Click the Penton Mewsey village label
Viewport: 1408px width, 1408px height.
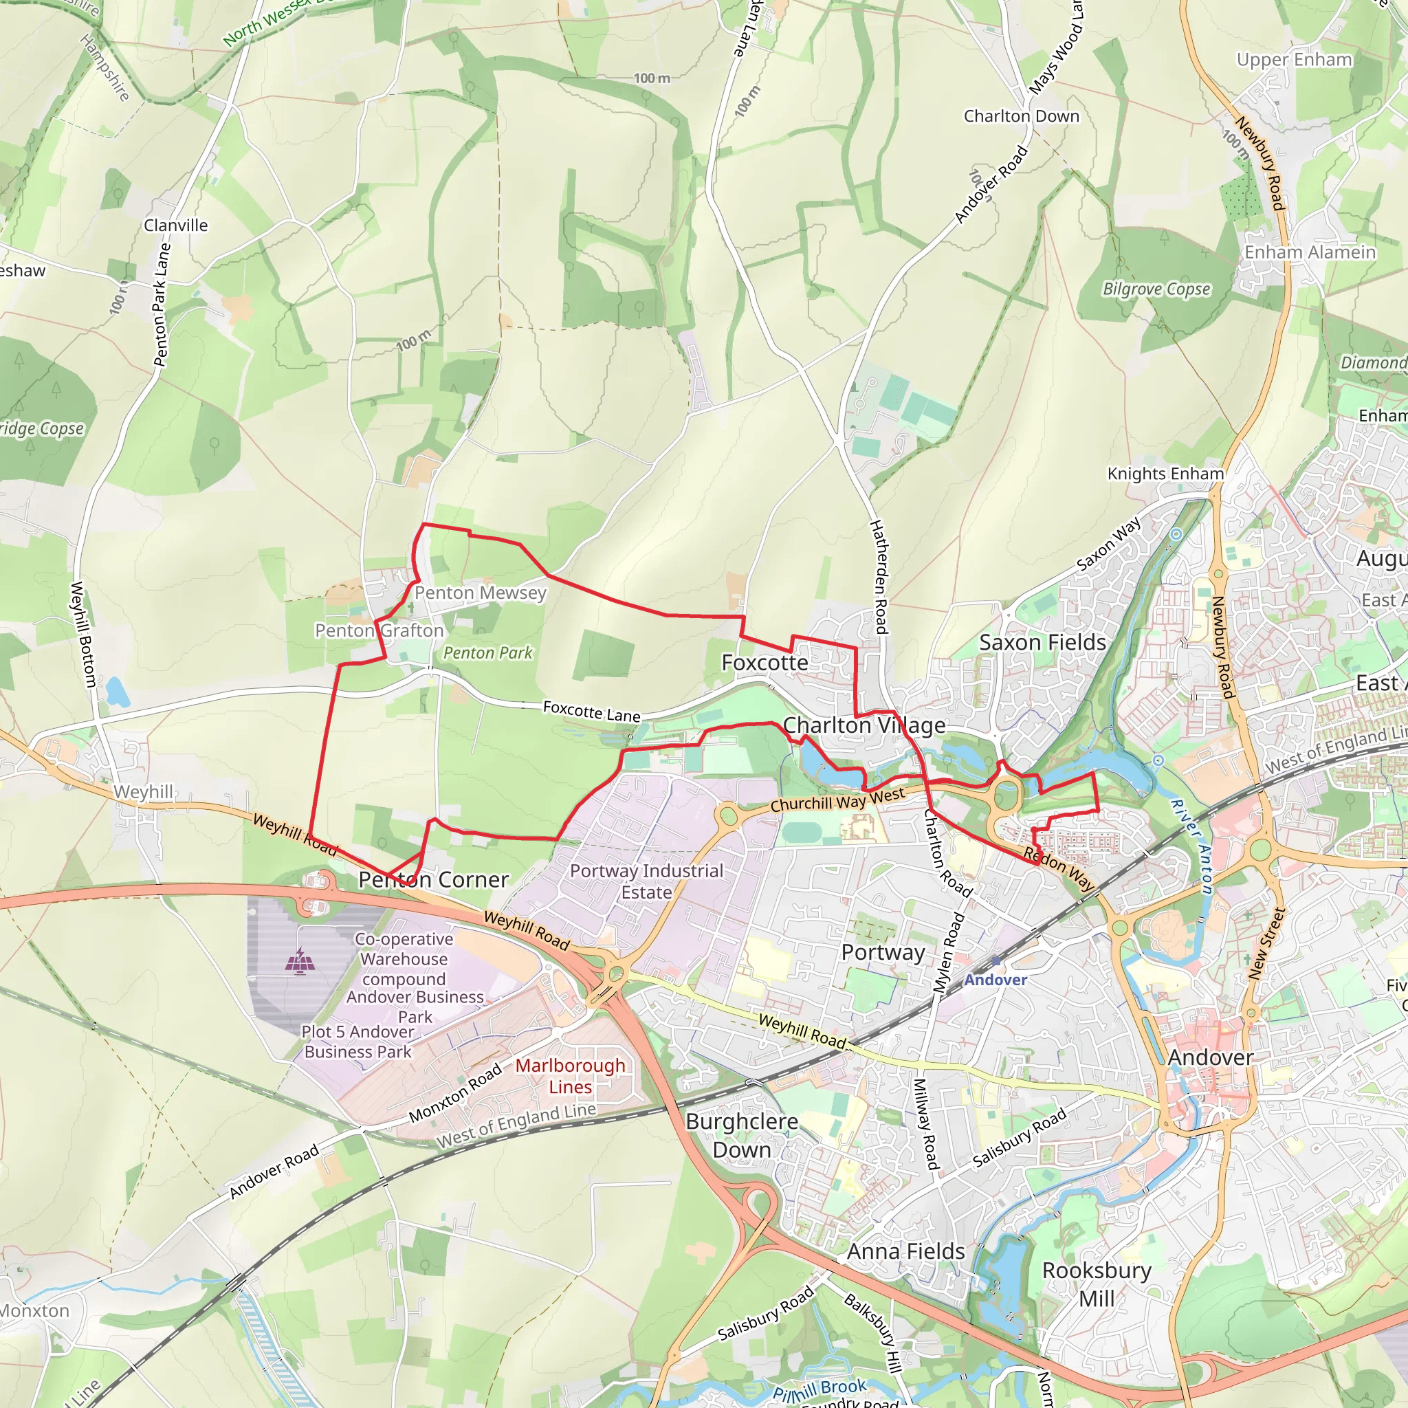click(481, 593)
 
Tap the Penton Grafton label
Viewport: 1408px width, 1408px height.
click(379, 630)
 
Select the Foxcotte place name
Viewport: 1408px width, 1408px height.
click(764, 663)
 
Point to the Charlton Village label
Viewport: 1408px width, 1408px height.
click(863, 725)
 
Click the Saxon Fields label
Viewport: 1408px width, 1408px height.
click(1042, 643)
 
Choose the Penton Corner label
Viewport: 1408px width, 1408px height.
click(434, 879)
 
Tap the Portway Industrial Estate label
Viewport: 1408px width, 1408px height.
click(646, 881)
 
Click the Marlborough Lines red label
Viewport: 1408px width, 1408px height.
click(571, 1076)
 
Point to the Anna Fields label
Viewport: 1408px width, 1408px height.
click(906, 1251)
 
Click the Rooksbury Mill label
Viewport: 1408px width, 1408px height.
click(1097, 1284)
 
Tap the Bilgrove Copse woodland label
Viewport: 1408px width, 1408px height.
click(1156, 289)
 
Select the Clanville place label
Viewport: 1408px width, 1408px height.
click(175, 225)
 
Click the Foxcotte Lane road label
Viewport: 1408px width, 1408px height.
click(592, 712)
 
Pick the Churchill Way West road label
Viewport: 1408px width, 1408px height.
click(837, 800)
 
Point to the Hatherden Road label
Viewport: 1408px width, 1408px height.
click(879, 576)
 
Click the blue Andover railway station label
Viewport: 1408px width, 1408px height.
click(995, 980)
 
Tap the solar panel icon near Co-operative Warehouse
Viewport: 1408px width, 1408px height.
click(300, 960)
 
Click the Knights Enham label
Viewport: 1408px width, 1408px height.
click(1165, 474)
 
